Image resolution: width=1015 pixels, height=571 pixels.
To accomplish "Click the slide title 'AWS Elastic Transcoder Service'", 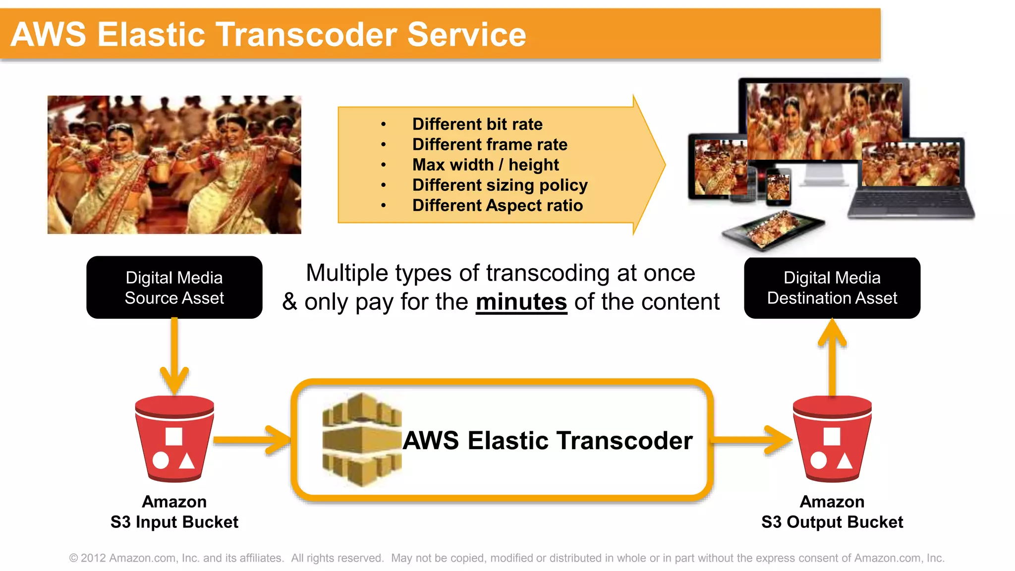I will coord(268,35).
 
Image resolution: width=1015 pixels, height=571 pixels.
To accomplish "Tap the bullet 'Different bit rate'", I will coord(477,124).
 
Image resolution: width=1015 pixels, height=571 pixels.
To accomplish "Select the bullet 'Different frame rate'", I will coord(490,144).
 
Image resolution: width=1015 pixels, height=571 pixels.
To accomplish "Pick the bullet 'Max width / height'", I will coord(485,165).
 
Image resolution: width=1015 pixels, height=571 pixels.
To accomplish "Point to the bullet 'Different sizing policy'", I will coord(500,185).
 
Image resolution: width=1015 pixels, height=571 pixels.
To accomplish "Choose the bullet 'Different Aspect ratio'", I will coord(497,205).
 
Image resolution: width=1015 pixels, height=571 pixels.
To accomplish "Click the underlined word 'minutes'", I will coord(521,302).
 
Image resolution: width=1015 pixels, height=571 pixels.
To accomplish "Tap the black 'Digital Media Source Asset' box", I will coord(174,287).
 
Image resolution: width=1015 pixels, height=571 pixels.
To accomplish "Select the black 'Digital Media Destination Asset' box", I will coord(832,287).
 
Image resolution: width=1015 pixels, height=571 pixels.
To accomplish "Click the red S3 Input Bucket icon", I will coord(174,439).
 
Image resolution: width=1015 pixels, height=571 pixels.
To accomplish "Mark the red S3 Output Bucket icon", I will coord(832,439).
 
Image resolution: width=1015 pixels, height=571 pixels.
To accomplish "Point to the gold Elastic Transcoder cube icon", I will coord(361,439).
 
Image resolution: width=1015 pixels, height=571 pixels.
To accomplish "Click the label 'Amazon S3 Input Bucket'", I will coord(174,512).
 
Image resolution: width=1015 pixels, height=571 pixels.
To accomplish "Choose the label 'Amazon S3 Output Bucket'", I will coord(832,512).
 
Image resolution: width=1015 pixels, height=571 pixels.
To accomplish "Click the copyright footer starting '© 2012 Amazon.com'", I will coord(507,558).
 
